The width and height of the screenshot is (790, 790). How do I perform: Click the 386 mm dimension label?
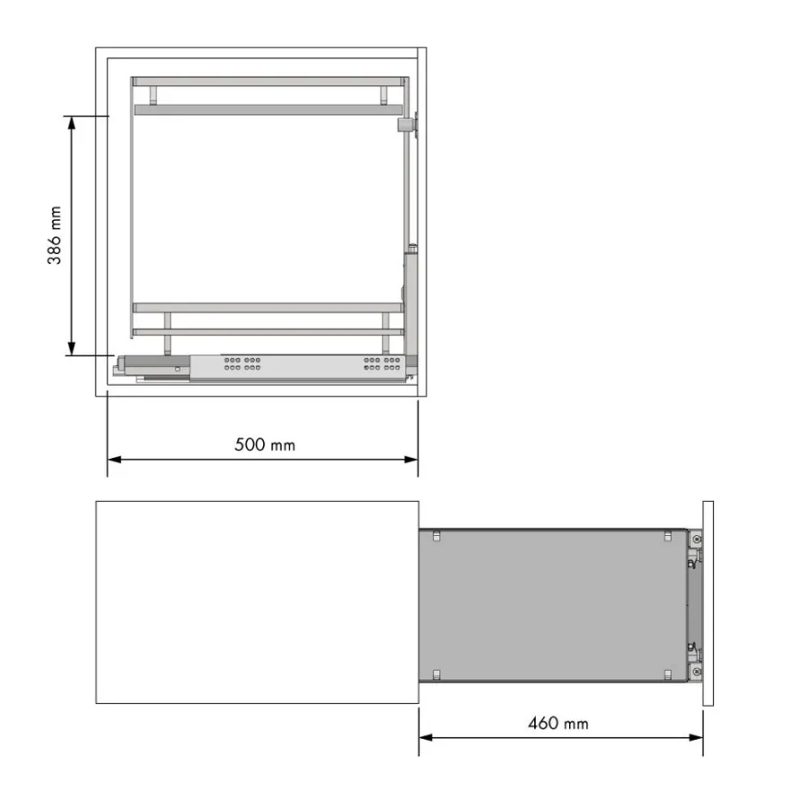coord(55,235)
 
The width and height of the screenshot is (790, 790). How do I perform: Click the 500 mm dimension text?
coord(265,444)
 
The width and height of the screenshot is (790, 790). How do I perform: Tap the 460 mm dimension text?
coord(558,724)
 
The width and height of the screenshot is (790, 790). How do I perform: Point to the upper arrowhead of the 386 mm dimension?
coord(72,122)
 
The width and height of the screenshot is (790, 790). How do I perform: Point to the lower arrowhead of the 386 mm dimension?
coord(72,348)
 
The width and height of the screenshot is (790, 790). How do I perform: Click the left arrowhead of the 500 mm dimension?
coord(114,460)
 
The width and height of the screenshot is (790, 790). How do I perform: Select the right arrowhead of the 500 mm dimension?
coord(411,460)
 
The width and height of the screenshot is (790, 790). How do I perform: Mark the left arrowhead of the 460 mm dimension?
coord(426,738)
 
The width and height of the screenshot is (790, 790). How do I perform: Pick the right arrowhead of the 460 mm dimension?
coord(696,738)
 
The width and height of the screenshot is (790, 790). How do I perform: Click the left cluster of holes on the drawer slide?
coord(242,364)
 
